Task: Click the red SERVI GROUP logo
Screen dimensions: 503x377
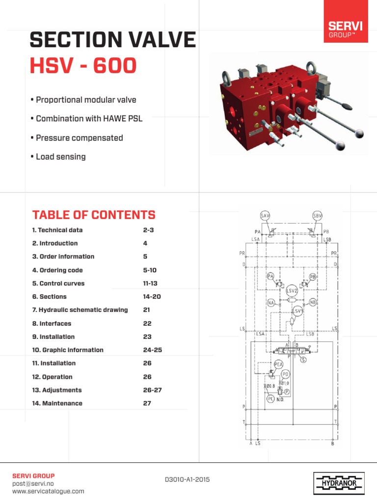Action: (x=346, y=23)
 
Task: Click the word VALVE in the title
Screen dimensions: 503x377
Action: (x=159, y=40)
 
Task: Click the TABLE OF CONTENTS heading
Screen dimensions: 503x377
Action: (x=94, y=215)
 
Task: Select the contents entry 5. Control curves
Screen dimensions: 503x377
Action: (x=58, y=283)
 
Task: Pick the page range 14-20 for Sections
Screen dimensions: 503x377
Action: (x=152, y=297)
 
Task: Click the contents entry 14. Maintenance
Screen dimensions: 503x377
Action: (x=57, y=403)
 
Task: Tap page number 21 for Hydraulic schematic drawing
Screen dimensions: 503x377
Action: (x=147, y=310)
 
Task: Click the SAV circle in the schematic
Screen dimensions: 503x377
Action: (x=265, y=216)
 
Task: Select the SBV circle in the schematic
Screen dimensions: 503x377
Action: (x=317, y=216)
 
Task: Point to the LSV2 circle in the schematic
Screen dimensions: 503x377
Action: (x=292, y=290)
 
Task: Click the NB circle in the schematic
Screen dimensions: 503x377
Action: (x=314, y=303)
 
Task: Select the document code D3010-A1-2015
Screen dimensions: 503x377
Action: (x=187, y=479)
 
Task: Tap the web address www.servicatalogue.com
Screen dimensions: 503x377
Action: (x=48, y=491)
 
